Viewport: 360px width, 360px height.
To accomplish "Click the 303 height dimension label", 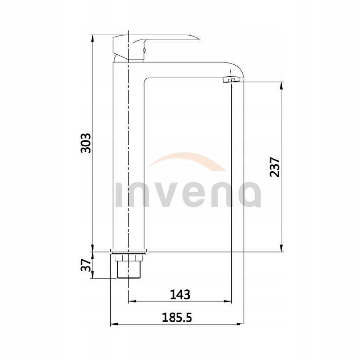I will [x=85, y=143].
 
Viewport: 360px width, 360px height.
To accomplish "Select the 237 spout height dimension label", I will [x=275, y=166].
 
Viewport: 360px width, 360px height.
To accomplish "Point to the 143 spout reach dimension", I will [x=180, y=294].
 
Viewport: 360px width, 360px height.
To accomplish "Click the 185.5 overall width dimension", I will [x=177, y=317].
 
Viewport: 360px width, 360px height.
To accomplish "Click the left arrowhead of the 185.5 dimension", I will [x=113, y=324].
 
